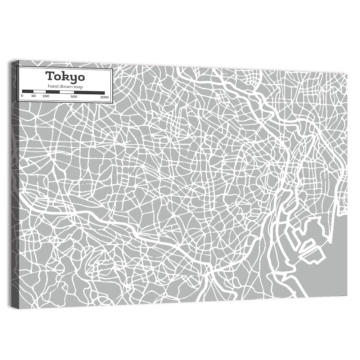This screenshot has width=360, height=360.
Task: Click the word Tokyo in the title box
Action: [65, 77]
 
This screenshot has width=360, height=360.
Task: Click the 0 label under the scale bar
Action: [22, 96]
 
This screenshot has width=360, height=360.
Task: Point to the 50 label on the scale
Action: [33, 96]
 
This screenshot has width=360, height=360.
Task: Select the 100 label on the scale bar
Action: [46, 96]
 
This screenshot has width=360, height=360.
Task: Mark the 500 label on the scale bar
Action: [73, 96]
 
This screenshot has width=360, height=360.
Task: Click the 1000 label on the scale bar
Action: [104, 97]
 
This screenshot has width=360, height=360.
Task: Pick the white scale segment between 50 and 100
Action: [40, 92]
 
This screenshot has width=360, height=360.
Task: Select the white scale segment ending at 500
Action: [67, 92]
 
